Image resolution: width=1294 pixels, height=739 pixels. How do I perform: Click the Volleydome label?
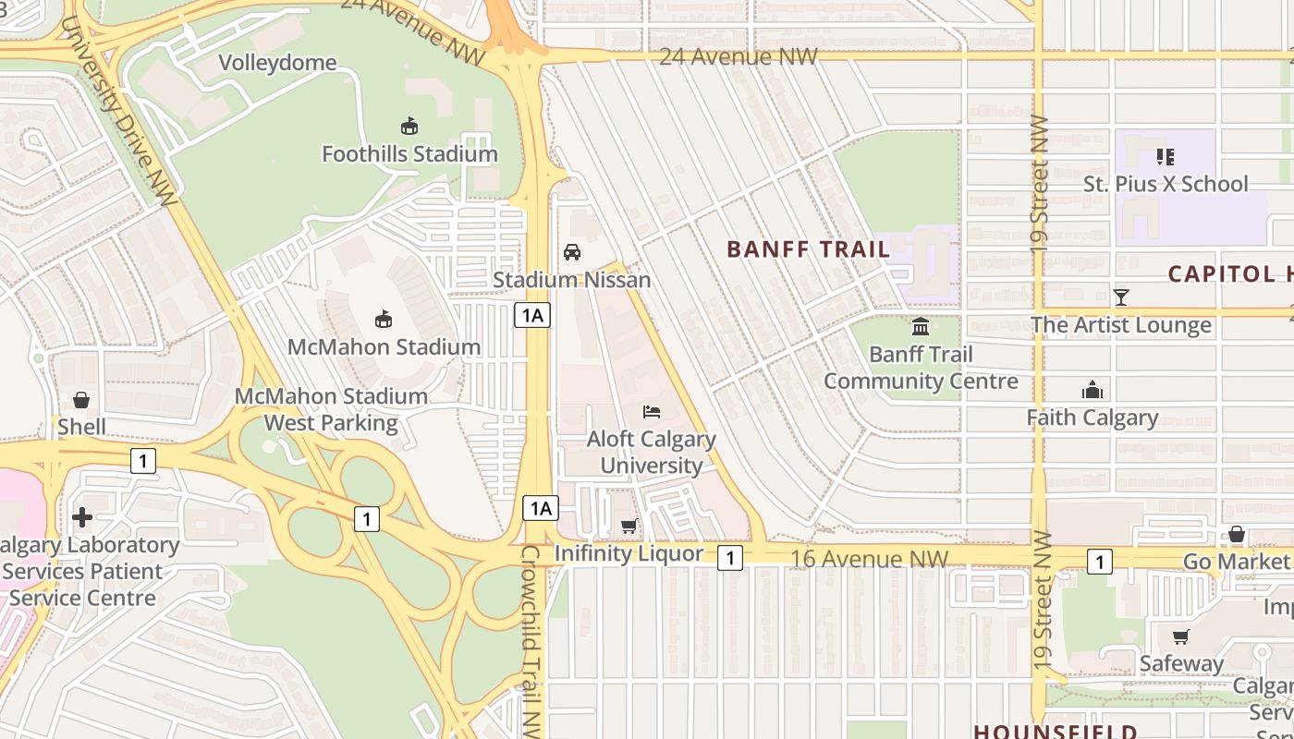[277, 63]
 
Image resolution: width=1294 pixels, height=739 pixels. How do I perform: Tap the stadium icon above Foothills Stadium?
[409, 127]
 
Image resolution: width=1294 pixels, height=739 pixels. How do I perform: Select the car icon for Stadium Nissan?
[572, 252]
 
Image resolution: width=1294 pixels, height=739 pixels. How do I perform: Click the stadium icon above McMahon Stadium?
[384, 320]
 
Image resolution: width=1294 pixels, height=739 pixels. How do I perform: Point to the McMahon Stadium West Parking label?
[331, 409]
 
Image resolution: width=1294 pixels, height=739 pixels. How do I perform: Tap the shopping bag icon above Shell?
[81, 400]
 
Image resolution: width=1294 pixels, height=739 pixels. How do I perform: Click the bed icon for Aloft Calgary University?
[652, 412]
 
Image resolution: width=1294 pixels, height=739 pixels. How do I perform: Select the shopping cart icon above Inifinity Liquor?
[629, 527]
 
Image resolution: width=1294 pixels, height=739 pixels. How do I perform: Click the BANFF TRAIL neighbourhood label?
[808, 249]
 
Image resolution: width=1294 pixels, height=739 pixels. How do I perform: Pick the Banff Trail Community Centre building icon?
[921, 326]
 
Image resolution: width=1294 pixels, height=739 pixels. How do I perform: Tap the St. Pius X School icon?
[1166, 157]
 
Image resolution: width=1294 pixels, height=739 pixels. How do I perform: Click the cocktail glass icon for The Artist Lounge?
[1121, 297]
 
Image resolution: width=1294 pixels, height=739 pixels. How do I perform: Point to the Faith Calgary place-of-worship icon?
[1093, 390]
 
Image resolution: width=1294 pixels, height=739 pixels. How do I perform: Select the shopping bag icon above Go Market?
[1236, 535]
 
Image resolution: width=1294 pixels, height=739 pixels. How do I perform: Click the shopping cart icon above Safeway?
[1180, 636]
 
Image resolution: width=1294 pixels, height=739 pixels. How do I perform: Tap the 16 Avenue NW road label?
[870, 559]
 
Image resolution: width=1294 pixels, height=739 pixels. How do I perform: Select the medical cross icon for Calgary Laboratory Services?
[82, 517]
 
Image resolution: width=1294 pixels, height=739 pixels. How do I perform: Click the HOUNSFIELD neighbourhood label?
[1055, 731]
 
